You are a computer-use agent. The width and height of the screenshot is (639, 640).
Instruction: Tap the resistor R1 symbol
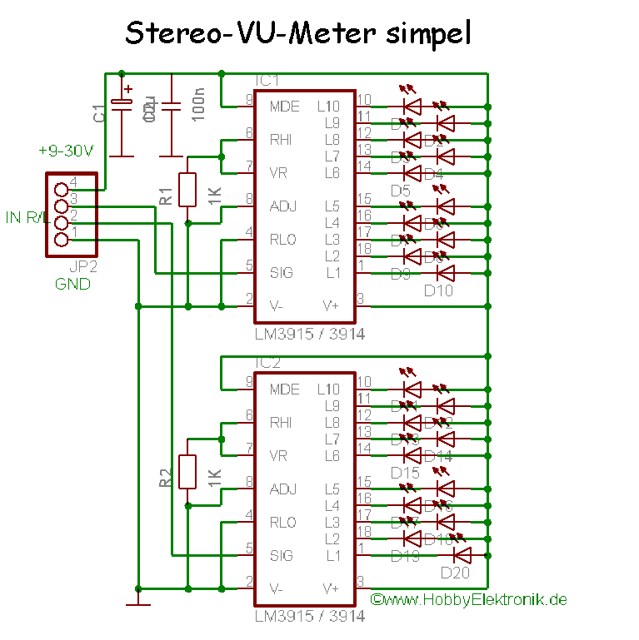187,190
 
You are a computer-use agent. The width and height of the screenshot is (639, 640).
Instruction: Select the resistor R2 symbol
187,472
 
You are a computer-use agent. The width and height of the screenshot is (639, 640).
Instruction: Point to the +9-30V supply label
66,151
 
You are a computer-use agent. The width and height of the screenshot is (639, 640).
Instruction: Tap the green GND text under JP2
72,284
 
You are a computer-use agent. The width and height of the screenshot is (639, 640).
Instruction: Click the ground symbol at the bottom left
137,600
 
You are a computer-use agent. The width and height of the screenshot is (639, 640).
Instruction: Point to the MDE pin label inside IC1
284,107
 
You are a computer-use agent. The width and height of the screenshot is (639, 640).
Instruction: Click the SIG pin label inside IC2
282,555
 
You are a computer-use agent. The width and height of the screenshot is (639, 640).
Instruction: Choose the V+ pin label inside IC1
330,305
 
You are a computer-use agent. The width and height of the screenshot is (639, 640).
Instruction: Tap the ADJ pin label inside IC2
283,489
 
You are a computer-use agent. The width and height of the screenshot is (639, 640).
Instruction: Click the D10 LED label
438,290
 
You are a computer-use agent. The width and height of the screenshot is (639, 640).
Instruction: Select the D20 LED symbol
461,555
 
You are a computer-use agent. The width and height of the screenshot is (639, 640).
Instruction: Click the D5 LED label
401,191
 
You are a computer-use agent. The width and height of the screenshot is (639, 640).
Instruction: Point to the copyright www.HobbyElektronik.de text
468,599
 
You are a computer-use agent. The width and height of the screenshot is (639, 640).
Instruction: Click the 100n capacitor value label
198,107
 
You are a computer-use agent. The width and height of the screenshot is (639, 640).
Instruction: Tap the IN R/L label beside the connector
24,218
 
